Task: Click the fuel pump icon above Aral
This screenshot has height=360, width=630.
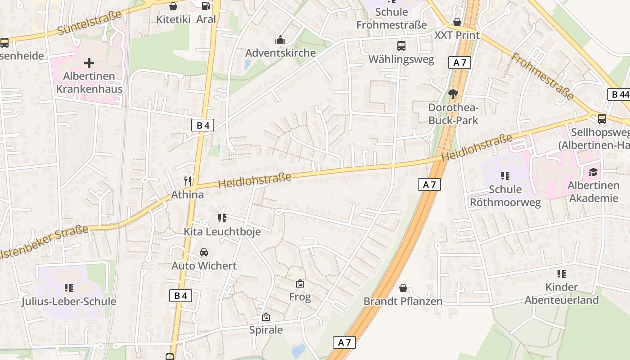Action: (206, 6)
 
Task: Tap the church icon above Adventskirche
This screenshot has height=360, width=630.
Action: (280, 40)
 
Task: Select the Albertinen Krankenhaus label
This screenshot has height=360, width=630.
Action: (89, 82)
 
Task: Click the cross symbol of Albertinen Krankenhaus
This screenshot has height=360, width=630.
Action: (89, 63)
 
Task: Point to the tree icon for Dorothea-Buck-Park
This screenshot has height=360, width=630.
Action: (453, 94)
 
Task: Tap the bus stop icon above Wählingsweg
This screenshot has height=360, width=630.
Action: (401, 46)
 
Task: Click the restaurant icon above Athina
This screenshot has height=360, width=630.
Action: (188, 181)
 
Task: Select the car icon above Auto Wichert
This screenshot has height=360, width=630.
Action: (204, 252)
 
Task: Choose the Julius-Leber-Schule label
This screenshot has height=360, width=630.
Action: (69, 301)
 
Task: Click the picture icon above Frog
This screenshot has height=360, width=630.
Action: (300, 283)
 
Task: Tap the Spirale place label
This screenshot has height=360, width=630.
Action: (266, 330)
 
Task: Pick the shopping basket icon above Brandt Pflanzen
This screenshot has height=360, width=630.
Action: (403, 288)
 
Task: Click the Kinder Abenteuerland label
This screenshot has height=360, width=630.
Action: (562, 293)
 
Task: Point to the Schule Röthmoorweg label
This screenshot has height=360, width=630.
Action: (505, 195)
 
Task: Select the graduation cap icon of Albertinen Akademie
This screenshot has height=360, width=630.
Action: (593, 172)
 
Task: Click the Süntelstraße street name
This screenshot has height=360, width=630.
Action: (90, 23)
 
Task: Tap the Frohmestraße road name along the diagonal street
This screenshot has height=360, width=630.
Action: (542, 77)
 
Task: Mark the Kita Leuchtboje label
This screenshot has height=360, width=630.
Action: (222, 232)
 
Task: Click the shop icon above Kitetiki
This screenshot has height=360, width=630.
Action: (173, 6)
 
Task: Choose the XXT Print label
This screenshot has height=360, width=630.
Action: (457, 35)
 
